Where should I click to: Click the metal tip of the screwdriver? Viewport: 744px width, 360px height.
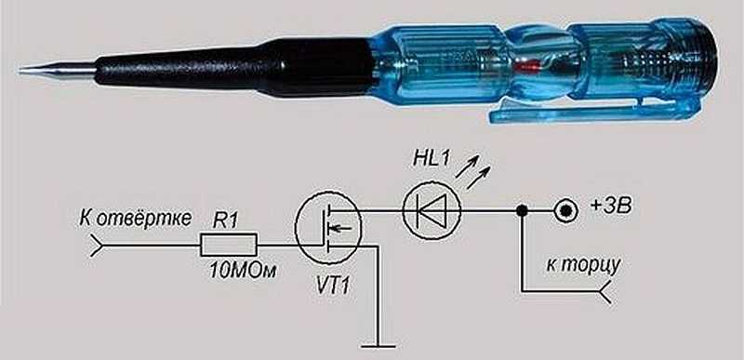coord(58,70)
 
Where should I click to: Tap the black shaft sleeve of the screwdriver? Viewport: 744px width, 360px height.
coord(232,69)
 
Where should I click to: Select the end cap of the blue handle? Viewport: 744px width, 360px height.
coord(701,60)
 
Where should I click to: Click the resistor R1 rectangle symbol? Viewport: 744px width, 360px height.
coord(228,245)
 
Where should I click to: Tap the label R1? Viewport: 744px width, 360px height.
coord(224,221)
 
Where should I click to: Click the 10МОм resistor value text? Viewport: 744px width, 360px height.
coord(243,271)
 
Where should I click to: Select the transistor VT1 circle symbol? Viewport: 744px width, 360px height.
coord(328,227)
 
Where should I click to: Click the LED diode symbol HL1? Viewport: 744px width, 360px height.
coord(432,210)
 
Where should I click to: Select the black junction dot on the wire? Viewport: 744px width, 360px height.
coord(522,210)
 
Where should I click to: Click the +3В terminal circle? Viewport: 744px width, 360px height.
coord(565,210)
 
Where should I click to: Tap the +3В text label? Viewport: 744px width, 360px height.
coord(611,207)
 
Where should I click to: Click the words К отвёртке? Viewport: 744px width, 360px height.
coord(136,220)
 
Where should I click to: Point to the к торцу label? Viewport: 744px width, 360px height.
coord(583,265)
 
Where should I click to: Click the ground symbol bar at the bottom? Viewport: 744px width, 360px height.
coord(379,346)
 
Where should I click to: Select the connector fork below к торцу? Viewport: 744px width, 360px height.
coord(606,291)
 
